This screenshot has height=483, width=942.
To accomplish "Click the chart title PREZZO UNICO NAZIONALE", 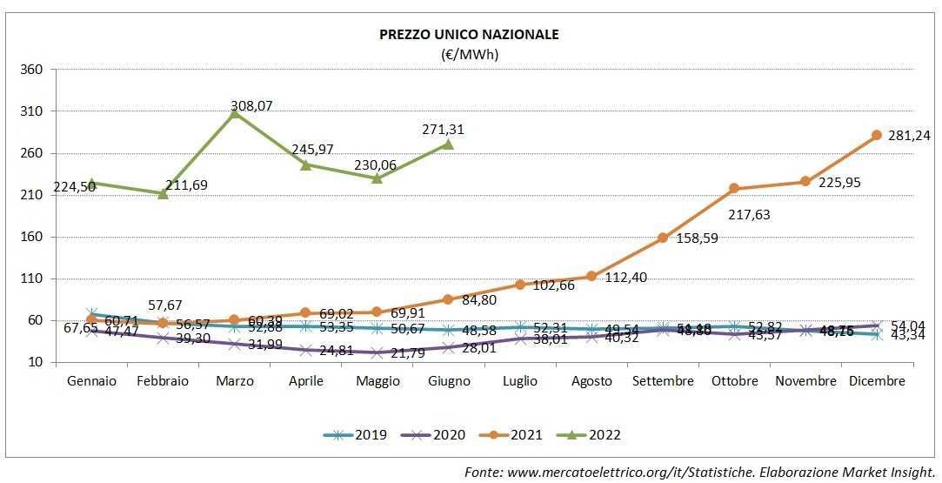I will click(x=469, y=35).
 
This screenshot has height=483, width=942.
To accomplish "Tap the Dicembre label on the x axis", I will click(x=877, y=381).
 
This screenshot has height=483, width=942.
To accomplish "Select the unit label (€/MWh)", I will click(x=470, y=54).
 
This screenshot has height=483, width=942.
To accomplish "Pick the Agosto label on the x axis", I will click(x=591, y=381).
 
